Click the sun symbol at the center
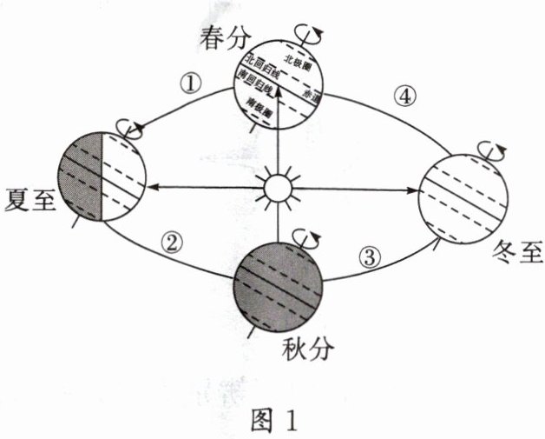coord(276,187)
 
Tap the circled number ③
coord(371,256)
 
